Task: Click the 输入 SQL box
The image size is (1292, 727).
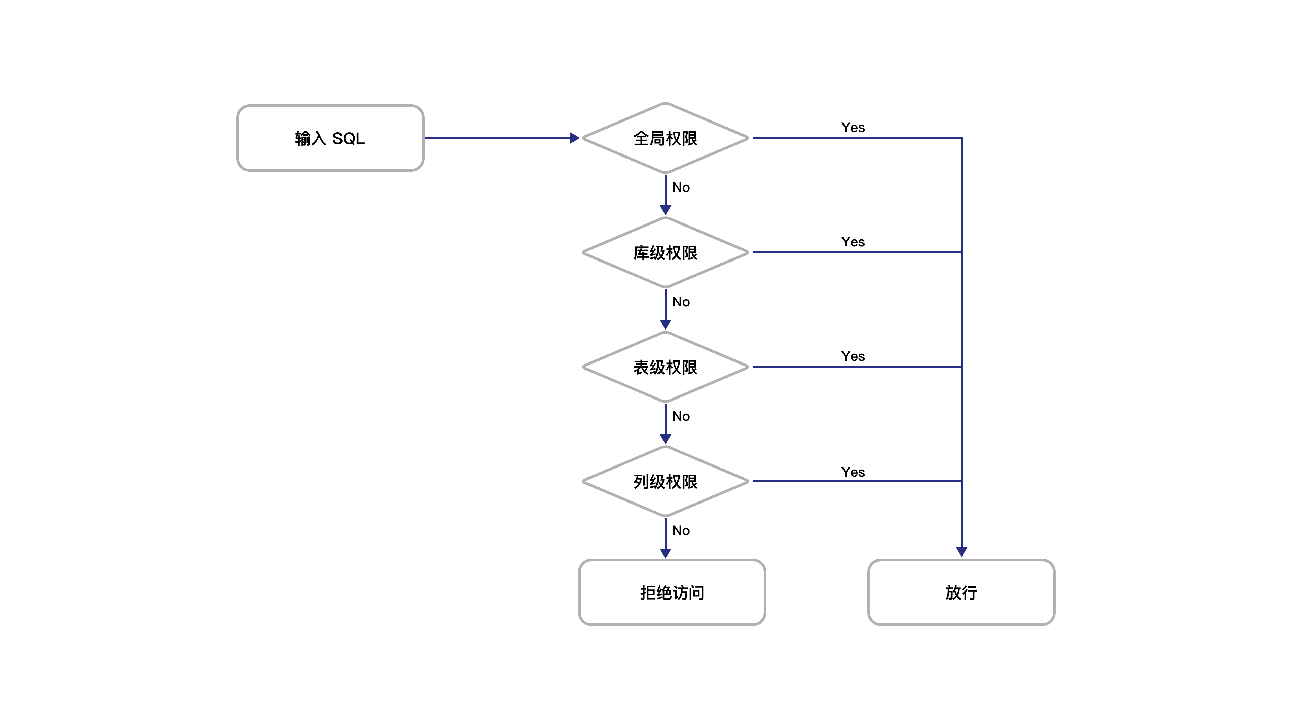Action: (x=330, y=138)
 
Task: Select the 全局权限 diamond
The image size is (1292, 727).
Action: (x=665, y=138)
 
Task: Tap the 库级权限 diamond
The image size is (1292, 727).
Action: (x=665, y=252)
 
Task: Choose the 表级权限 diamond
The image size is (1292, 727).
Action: (x=665, y=367)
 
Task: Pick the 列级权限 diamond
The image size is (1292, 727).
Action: (x=665, y=481)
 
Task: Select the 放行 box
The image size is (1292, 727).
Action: (x=961, y=592)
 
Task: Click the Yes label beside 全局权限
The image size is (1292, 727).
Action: (x=853, y=128)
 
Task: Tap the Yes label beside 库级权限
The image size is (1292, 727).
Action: (x=853, y=242)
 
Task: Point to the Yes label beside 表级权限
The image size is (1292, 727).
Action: (x=853, y=356)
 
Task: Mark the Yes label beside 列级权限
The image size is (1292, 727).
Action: (x=853, y=472)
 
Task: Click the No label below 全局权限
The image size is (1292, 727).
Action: (x=681, y=188)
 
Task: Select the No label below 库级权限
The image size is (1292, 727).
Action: (x=681, y=302)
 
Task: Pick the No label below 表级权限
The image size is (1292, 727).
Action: (x=681, y=416)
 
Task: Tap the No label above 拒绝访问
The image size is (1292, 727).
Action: (x=681, y=531)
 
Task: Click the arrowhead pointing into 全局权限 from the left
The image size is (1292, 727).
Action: (x=575, y=138)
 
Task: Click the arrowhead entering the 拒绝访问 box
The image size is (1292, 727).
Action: (x=665, y=553)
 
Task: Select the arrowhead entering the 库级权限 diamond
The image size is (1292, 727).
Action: (x=665, y=210)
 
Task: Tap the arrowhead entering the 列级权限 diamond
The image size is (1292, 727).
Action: (x=665, y=439)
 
